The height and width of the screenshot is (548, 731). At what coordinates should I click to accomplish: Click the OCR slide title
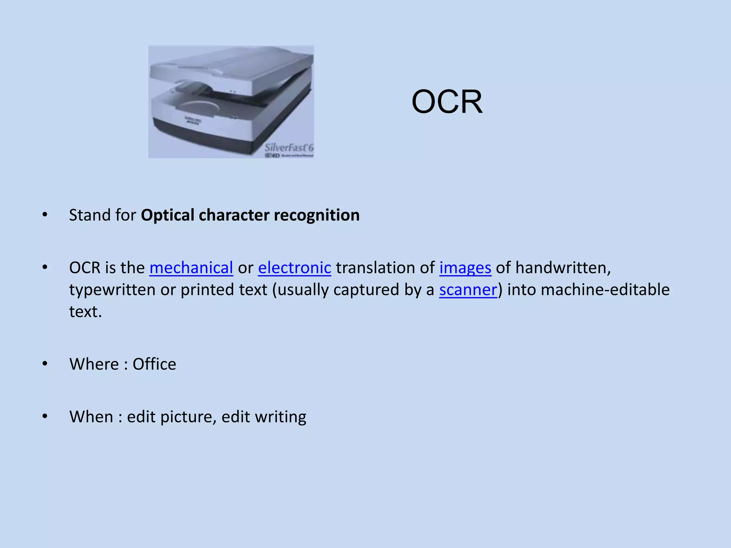point(447,102)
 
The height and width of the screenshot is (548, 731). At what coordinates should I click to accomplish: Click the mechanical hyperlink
point(191,268)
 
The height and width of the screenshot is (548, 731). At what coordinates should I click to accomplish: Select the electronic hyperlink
point(294,268)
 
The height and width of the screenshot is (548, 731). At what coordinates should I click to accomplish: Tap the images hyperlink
point(465,268)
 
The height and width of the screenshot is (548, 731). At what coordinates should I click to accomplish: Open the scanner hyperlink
point(468,290)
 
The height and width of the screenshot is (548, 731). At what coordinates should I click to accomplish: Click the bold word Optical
point(167,215)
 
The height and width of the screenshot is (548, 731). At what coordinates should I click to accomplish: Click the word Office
point(154,364)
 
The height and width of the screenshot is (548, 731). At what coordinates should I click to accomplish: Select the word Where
point(94,364)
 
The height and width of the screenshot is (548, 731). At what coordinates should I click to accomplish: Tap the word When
point(91,417)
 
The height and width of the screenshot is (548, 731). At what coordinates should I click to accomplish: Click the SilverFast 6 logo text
point(288,148)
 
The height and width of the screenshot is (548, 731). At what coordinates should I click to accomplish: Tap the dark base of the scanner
point(214,137)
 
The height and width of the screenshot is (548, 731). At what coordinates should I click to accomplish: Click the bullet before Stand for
point(45,215)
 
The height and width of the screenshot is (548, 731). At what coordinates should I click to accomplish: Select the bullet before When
point(45,416)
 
